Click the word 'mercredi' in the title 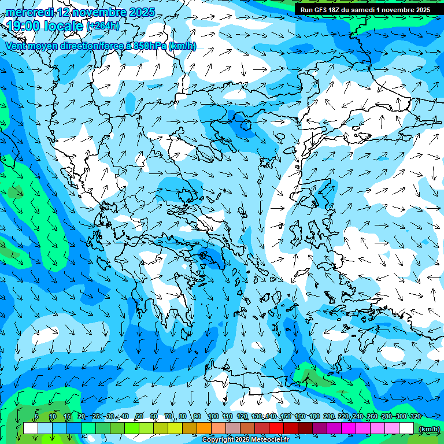[29, 12]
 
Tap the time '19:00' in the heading [22, 25]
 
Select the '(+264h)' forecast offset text [103, 25]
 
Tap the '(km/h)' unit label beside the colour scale [429, 428]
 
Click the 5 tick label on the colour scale [36, 417]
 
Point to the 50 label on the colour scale [139, 417]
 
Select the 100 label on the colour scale [213, 417]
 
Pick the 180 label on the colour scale [314, 417]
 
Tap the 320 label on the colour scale [415, 417]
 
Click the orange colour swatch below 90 [204, 428]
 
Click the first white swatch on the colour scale [30, 428]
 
